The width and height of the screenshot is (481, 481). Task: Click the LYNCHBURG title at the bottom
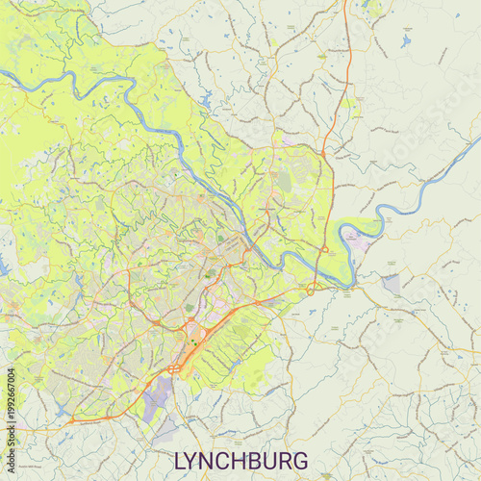tap(240, 460)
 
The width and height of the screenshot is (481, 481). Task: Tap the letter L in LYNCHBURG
tap(178, 460)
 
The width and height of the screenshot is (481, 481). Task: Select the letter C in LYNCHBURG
tap(228, 460)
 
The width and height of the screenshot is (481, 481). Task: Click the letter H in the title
tap(245, 460)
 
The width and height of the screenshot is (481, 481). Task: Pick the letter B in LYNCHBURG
tap(263, 460)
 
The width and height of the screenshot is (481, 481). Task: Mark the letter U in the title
tap(280, 460)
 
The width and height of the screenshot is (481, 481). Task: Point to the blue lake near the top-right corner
tap(406, 41)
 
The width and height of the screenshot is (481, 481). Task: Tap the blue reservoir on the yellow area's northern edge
tap(206, 97)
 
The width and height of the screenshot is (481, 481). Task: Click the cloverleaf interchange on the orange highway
tap(174, 368)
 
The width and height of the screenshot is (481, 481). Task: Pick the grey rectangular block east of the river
tap(391, 285)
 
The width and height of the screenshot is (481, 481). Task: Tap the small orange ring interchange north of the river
tap(325, 250)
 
